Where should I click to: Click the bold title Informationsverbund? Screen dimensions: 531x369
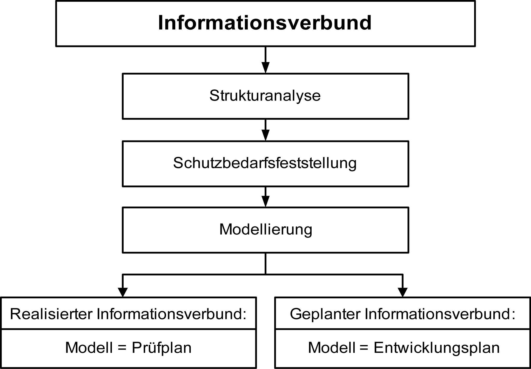tap(265, 23)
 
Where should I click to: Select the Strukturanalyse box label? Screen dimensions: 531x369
tap(265, 96)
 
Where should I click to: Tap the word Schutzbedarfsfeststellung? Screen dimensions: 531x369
tap(265, 163)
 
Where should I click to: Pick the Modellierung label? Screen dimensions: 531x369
tap(266, 230)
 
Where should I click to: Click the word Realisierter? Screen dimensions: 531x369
tap(51, 314)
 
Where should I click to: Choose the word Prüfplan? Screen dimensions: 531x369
tap(162, 348)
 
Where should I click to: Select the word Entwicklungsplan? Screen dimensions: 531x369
tap(437, 348)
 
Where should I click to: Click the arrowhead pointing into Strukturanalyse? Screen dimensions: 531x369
tap(265, 68)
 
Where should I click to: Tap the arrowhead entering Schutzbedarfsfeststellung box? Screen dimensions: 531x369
tap(265, 135)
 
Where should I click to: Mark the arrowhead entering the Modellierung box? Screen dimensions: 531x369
tap(265, 201)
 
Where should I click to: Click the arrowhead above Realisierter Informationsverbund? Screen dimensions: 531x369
tap(123, 292)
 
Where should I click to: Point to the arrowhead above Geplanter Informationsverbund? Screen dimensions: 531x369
tap(402, 292)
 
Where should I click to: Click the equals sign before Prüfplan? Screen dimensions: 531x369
tap(122, 348)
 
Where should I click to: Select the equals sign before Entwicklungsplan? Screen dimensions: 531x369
tap(364, 348)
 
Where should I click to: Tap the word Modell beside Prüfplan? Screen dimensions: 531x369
tap(89, 347)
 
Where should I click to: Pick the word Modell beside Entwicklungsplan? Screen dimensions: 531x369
tap(332, 347)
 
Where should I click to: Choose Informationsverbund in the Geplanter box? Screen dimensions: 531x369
tap(440, 314)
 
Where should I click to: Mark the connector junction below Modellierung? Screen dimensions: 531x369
tap(265, 274)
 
